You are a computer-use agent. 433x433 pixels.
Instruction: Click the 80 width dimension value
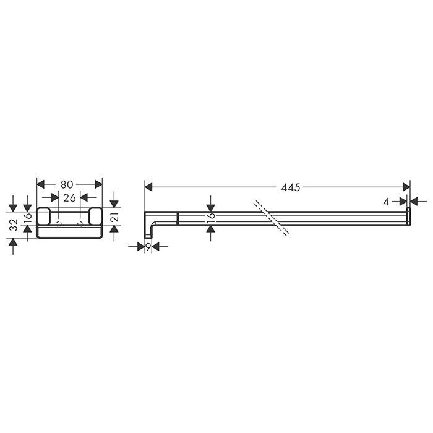point(67,184)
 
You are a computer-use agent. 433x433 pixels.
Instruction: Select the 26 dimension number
point(69,197)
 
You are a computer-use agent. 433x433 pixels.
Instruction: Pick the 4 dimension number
point(385,201)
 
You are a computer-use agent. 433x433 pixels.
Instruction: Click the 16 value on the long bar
point(211,218)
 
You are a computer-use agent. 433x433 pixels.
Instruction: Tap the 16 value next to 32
point(27,218)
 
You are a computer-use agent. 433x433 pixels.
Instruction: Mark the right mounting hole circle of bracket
point(80,223)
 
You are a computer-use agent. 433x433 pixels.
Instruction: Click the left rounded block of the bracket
point(43,217)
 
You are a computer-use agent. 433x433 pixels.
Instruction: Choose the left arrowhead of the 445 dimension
point(148,187)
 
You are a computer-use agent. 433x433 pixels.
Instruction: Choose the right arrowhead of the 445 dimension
point(406,187)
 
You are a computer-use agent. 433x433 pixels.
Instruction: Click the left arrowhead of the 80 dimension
point(41,184)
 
